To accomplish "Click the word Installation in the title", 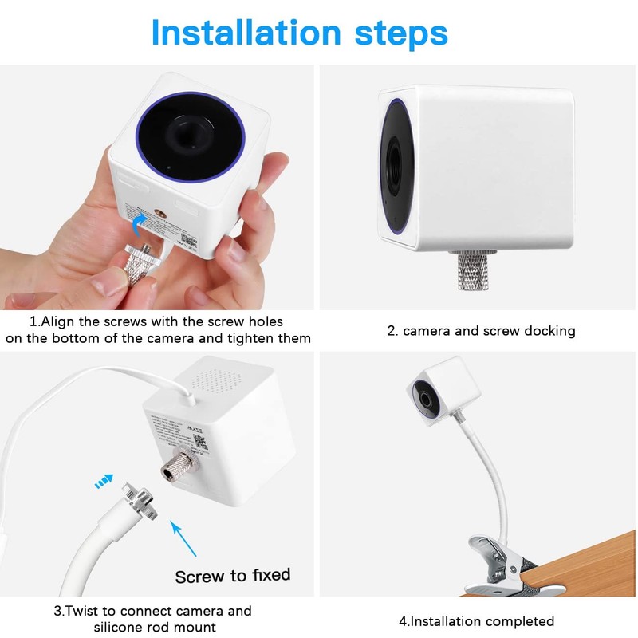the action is coord(246,33).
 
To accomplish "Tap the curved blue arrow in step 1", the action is coord(140,225).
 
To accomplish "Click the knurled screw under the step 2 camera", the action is coord(473,270).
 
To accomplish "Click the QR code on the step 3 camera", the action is coord(201,442).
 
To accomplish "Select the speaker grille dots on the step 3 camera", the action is coord(215,381).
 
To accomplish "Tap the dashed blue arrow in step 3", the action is coord(104,481).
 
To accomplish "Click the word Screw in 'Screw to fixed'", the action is coord(199,577).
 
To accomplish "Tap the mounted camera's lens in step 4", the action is coord(425,399).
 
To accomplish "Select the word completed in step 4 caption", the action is coord(519,621).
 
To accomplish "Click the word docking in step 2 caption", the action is coord(549,331).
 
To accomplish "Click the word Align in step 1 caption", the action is coord(58,321).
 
